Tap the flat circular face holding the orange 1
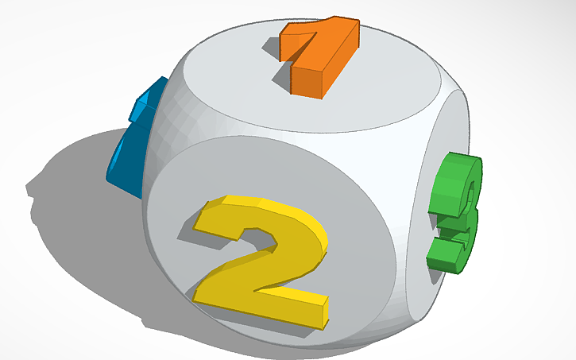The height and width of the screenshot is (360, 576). point(373,87)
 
